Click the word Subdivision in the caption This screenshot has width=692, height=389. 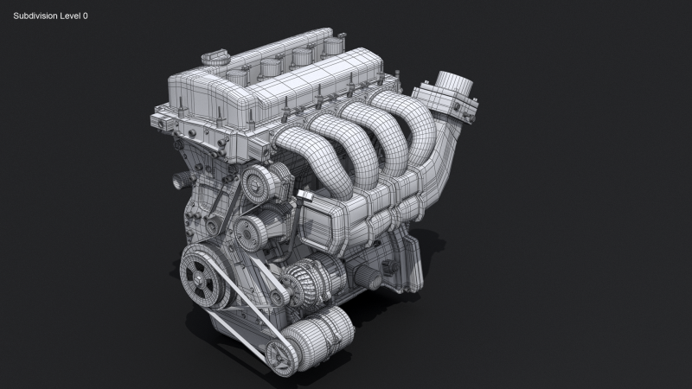click(37, 16)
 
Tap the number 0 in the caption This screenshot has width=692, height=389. click(85, 16)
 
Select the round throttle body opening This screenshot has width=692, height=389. click(451, 84)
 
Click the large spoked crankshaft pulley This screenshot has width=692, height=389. click(202, 276)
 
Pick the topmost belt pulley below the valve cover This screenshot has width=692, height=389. click(258, 182)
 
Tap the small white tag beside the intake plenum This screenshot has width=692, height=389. click(304, 196)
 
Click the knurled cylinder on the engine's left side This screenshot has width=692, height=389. click(182, 181)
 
